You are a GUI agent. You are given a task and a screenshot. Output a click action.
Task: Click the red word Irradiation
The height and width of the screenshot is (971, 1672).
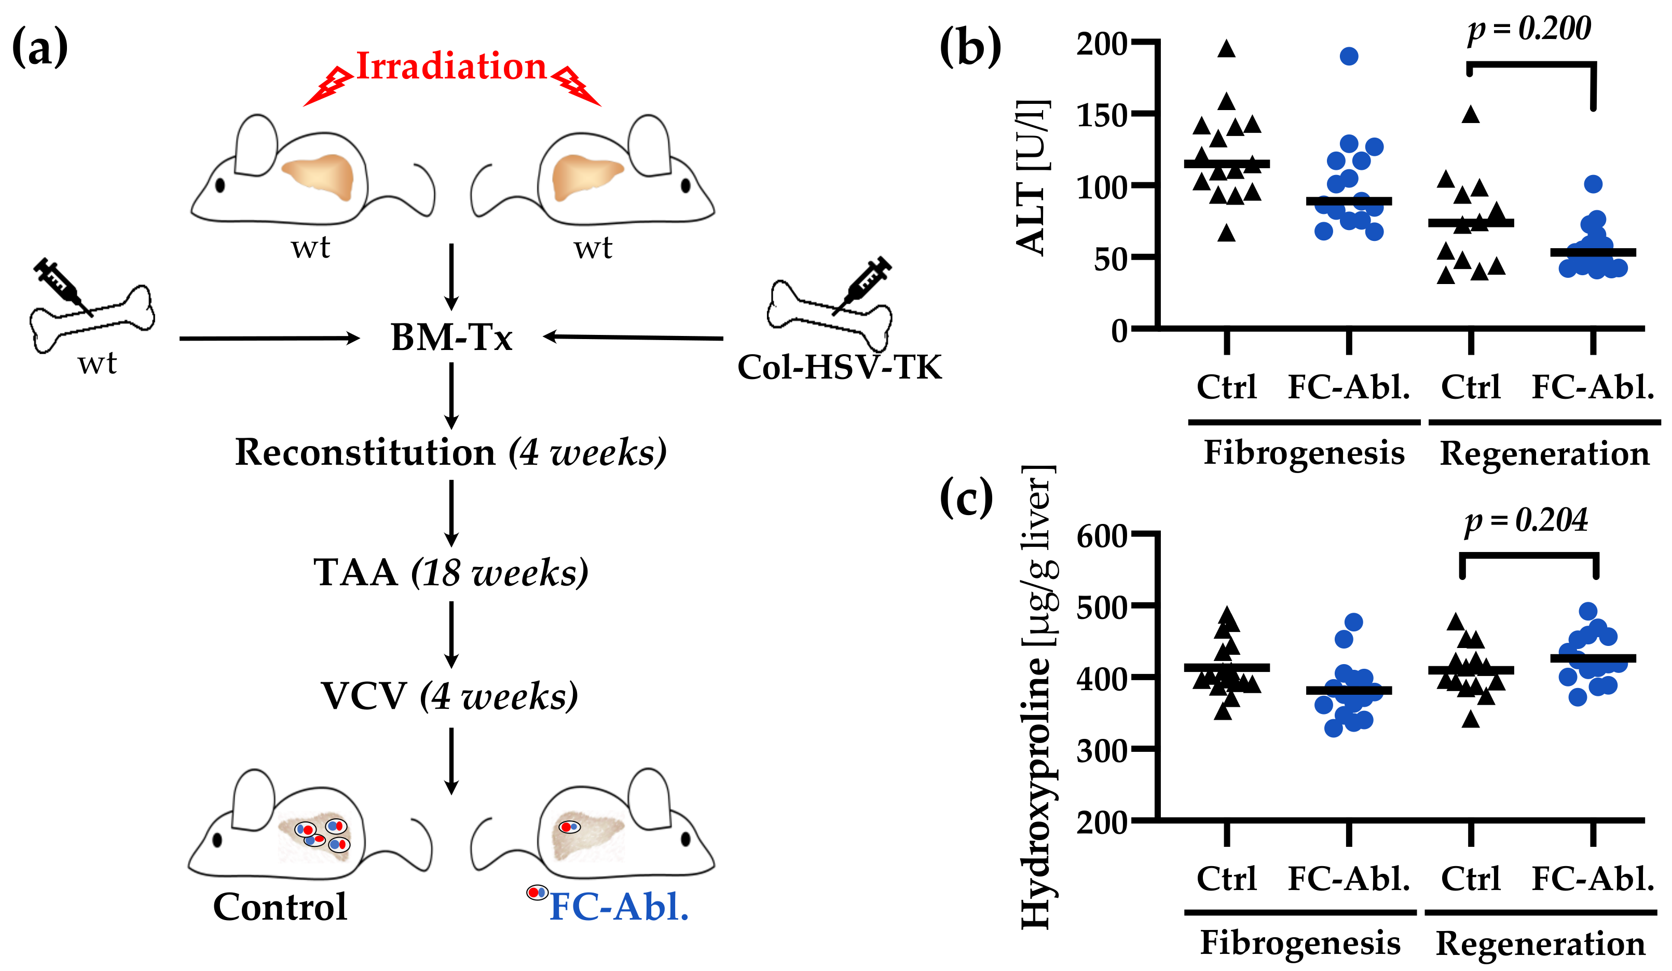(x=451, y=66)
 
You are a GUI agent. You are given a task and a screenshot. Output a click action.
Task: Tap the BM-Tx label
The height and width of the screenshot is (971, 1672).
(x=451, y=337)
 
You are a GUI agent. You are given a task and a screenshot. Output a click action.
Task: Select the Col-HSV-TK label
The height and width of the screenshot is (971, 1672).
(x=839, y=367)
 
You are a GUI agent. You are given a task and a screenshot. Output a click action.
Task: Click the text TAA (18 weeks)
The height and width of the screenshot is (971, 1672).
(x=451, y=572)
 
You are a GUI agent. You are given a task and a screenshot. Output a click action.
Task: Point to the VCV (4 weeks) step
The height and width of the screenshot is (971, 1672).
(x=450, y=696)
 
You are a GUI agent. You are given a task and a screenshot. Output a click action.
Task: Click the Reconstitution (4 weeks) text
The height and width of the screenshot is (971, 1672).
(x=451, y=453)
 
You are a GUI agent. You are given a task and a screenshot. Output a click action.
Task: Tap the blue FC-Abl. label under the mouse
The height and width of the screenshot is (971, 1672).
(x=619, y=907)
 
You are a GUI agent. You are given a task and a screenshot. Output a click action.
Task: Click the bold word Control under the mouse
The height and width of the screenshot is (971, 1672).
(x=280, y=907)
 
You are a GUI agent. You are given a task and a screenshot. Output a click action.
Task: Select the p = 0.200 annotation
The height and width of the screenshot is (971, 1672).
(x=1529, y=29)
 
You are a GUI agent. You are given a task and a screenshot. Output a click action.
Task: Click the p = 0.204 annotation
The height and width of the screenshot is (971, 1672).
(x=1526, y=520)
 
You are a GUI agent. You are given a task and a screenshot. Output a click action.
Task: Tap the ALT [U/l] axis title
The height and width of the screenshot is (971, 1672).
(x=1032, y=178)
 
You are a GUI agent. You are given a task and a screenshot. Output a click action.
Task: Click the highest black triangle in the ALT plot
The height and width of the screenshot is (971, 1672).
(x=1227, y=48)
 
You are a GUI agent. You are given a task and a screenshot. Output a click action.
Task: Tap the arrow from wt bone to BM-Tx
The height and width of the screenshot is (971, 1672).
(x=269, y=339)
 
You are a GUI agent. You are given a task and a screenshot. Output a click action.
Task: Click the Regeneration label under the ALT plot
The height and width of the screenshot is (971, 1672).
(x=1545, y=454)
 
